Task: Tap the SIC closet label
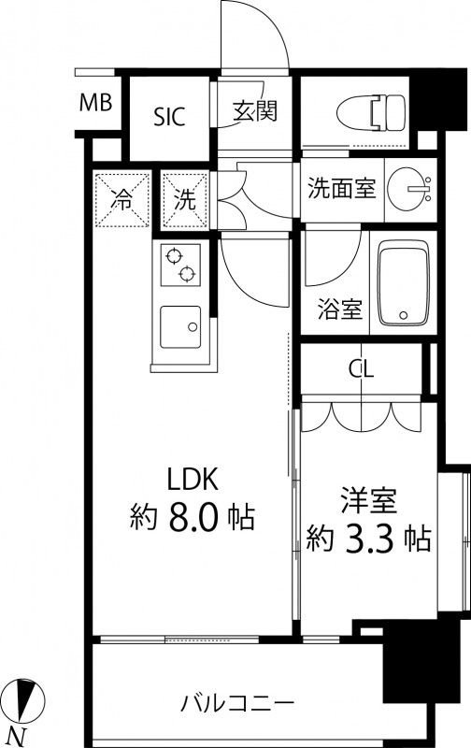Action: (x=169, y=116)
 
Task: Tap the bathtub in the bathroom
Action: (x=401, y=284)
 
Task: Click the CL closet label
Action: (x=362, y=368)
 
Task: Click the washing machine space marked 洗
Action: (x=186, y=198)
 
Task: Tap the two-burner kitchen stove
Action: (x=179, y=265)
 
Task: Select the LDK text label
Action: (x=193, y=480)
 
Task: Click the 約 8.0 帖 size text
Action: (x=193, y=517)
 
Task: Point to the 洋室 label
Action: (x=369, y=501)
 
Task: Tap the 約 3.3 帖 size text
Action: (x=369, y=539)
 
